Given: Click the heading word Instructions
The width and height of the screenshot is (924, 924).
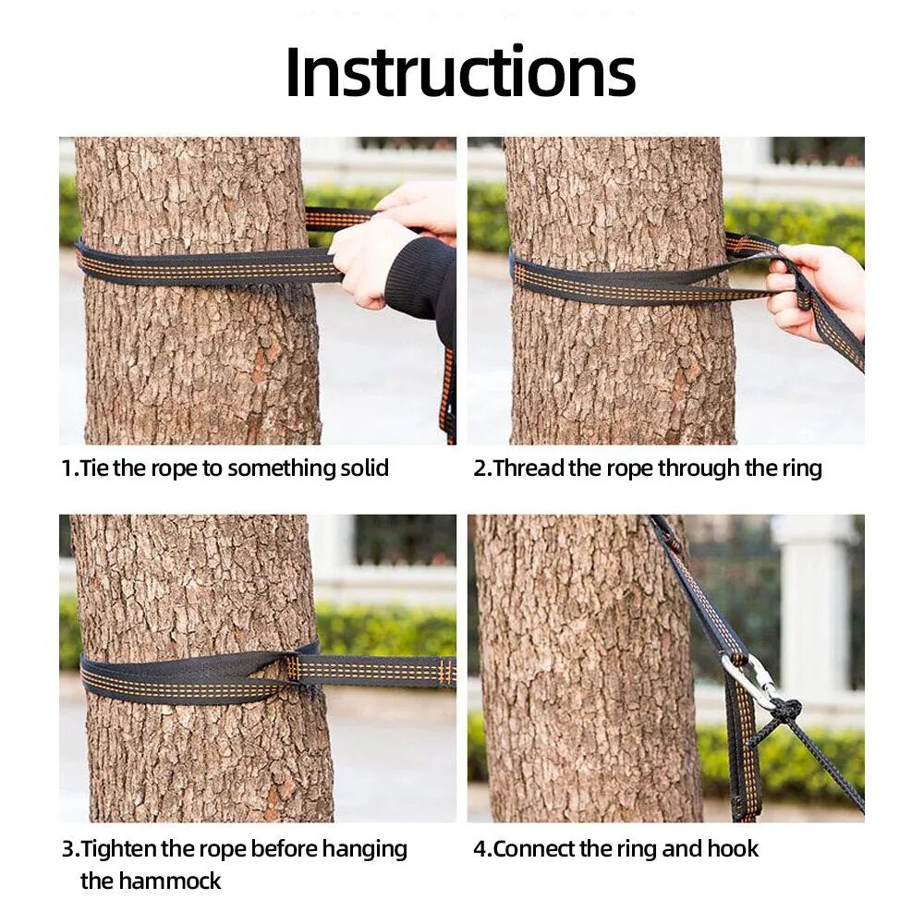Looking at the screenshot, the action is (x=460, y=71).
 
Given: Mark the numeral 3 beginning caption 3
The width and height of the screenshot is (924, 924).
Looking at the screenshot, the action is (x=68, y=849).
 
